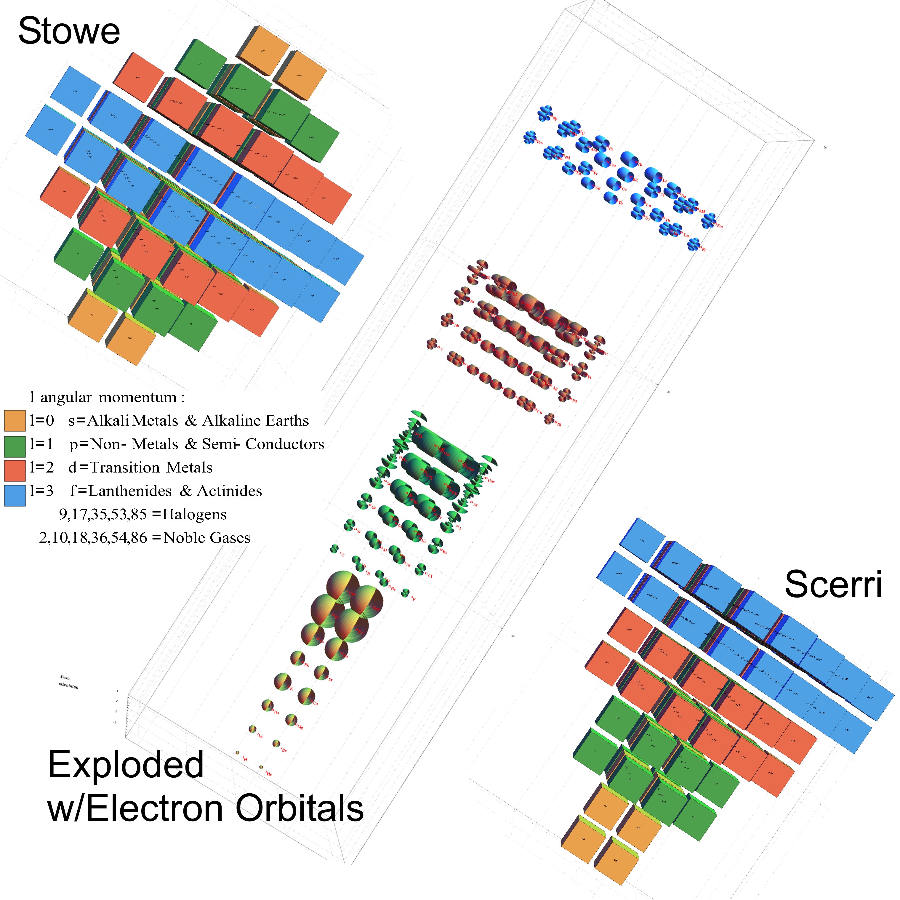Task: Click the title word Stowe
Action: pos(69,31)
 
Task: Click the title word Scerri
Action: pos(833,584)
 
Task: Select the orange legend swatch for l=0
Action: pos(15,421)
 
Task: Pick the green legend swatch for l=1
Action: pos(15,446)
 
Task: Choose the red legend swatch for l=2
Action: pos(15,470)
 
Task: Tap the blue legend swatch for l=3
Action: pos(15,496)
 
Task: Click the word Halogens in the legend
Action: pos(194,514)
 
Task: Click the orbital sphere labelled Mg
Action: pos(291,720)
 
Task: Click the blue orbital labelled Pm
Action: pos(530,137)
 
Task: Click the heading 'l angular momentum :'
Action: pos(107,397)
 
